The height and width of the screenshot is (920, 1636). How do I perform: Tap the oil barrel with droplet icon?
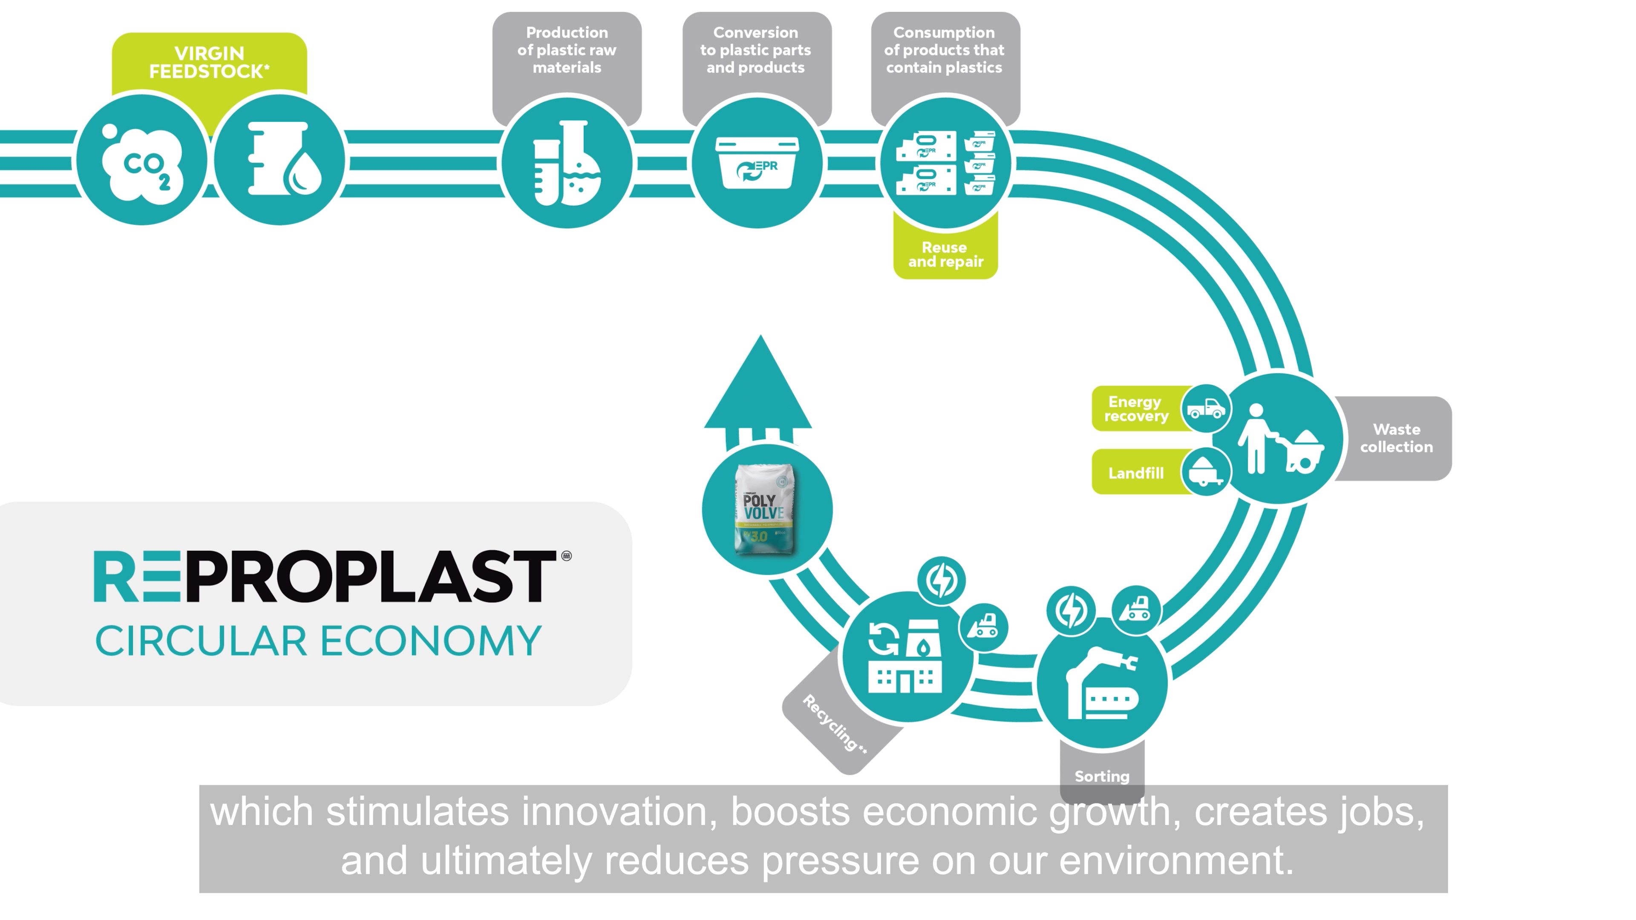tap(280, 160)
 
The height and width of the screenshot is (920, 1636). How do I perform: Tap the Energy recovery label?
tap(1136, 409)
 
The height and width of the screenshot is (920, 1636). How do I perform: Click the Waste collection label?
tap(1396, 438)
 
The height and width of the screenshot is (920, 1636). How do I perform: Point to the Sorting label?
tap(1102, 776)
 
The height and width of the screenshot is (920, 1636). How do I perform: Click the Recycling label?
tap(835, 724)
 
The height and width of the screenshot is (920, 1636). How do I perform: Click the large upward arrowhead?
tap(759, 387)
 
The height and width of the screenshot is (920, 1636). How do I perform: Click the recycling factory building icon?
tap(906, 656)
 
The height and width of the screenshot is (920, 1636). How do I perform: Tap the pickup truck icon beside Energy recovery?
tap(1206, 408)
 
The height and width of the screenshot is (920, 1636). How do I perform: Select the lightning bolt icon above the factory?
tap(941, 580)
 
